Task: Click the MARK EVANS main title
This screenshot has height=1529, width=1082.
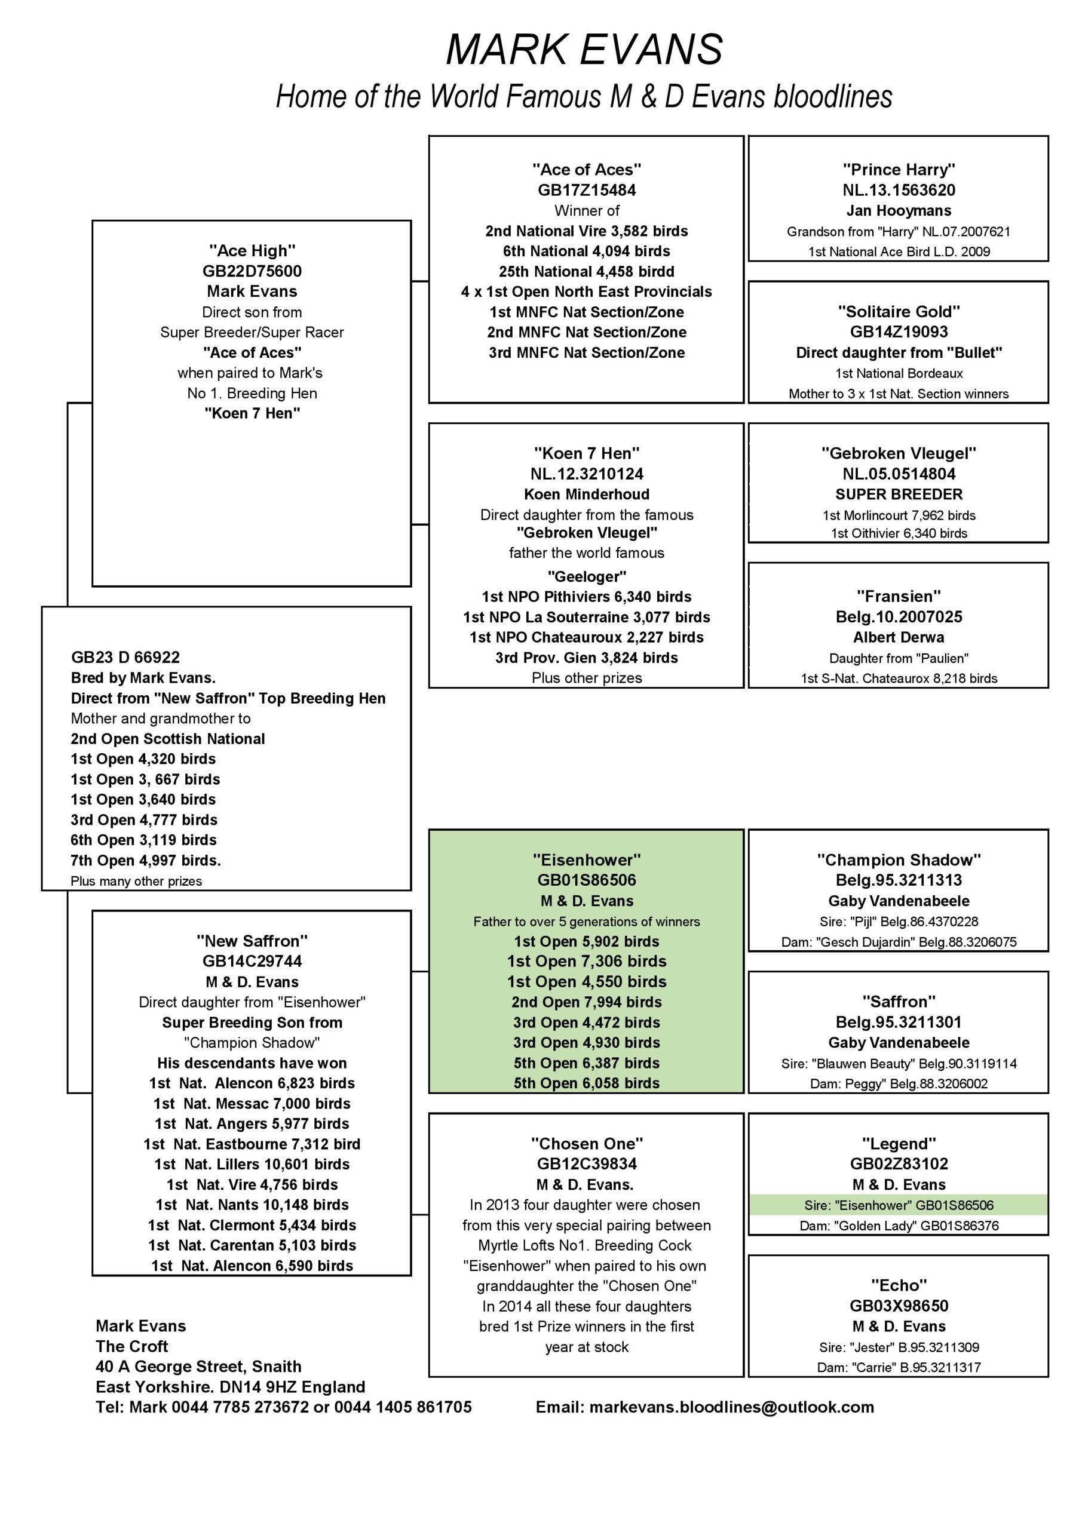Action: pos(584,50)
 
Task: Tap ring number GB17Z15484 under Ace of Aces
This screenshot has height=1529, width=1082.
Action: pos(586,191)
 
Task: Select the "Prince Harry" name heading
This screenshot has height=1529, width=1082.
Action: pos(898,170)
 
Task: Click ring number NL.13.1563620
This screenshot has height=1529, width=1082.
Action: pos(898,191)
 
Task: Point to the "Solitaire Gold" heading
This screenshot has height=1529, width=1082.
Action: pos(898,312)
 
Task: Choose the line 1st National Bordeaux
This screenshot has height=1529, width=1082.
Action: pos(898,374)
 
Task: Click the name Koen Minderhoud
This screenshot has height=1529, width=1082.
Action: pos(586,494)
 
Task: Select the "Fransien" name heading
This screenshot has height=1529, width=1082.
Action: pos(898,596)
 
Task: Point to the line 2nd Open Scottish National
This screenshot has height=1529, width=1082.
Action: pos(167,739)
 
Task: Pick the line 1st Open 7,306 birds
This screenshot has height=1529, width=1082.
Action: pos(586,961)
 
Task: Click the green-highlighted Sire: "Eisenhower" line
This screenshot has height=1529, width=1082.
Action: pos(898,1205)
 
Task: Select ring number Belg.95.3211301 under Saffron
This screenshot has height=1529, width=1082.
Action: pos(898,1022)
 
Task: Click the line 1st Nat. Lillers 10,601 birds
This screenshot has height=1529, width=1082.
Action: pos(252,1164)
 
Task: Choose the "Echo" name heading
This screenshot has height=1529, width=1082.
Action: pos(898,1285)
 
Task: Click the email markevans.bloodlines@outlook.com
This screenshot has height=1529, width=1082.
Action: pos(731,1407)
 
